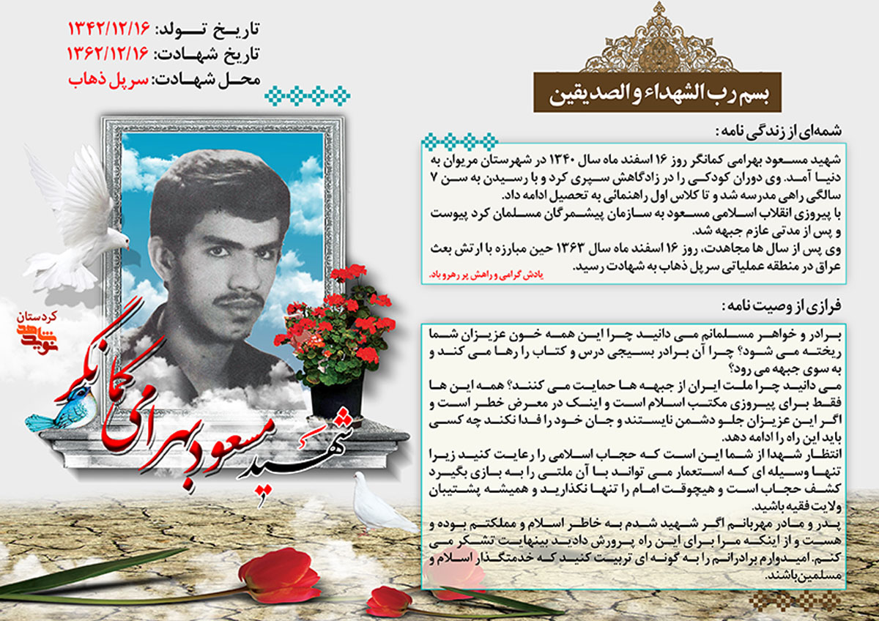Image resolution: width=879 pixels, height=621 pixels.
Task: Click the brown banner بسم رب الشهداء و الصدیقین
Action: tap(656, 94)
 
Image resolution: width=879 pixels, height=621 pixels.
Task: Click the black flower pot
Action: tap(337, 395)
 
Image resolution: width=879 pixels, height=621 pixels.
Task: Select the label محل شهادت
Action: tap(206, 80)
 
